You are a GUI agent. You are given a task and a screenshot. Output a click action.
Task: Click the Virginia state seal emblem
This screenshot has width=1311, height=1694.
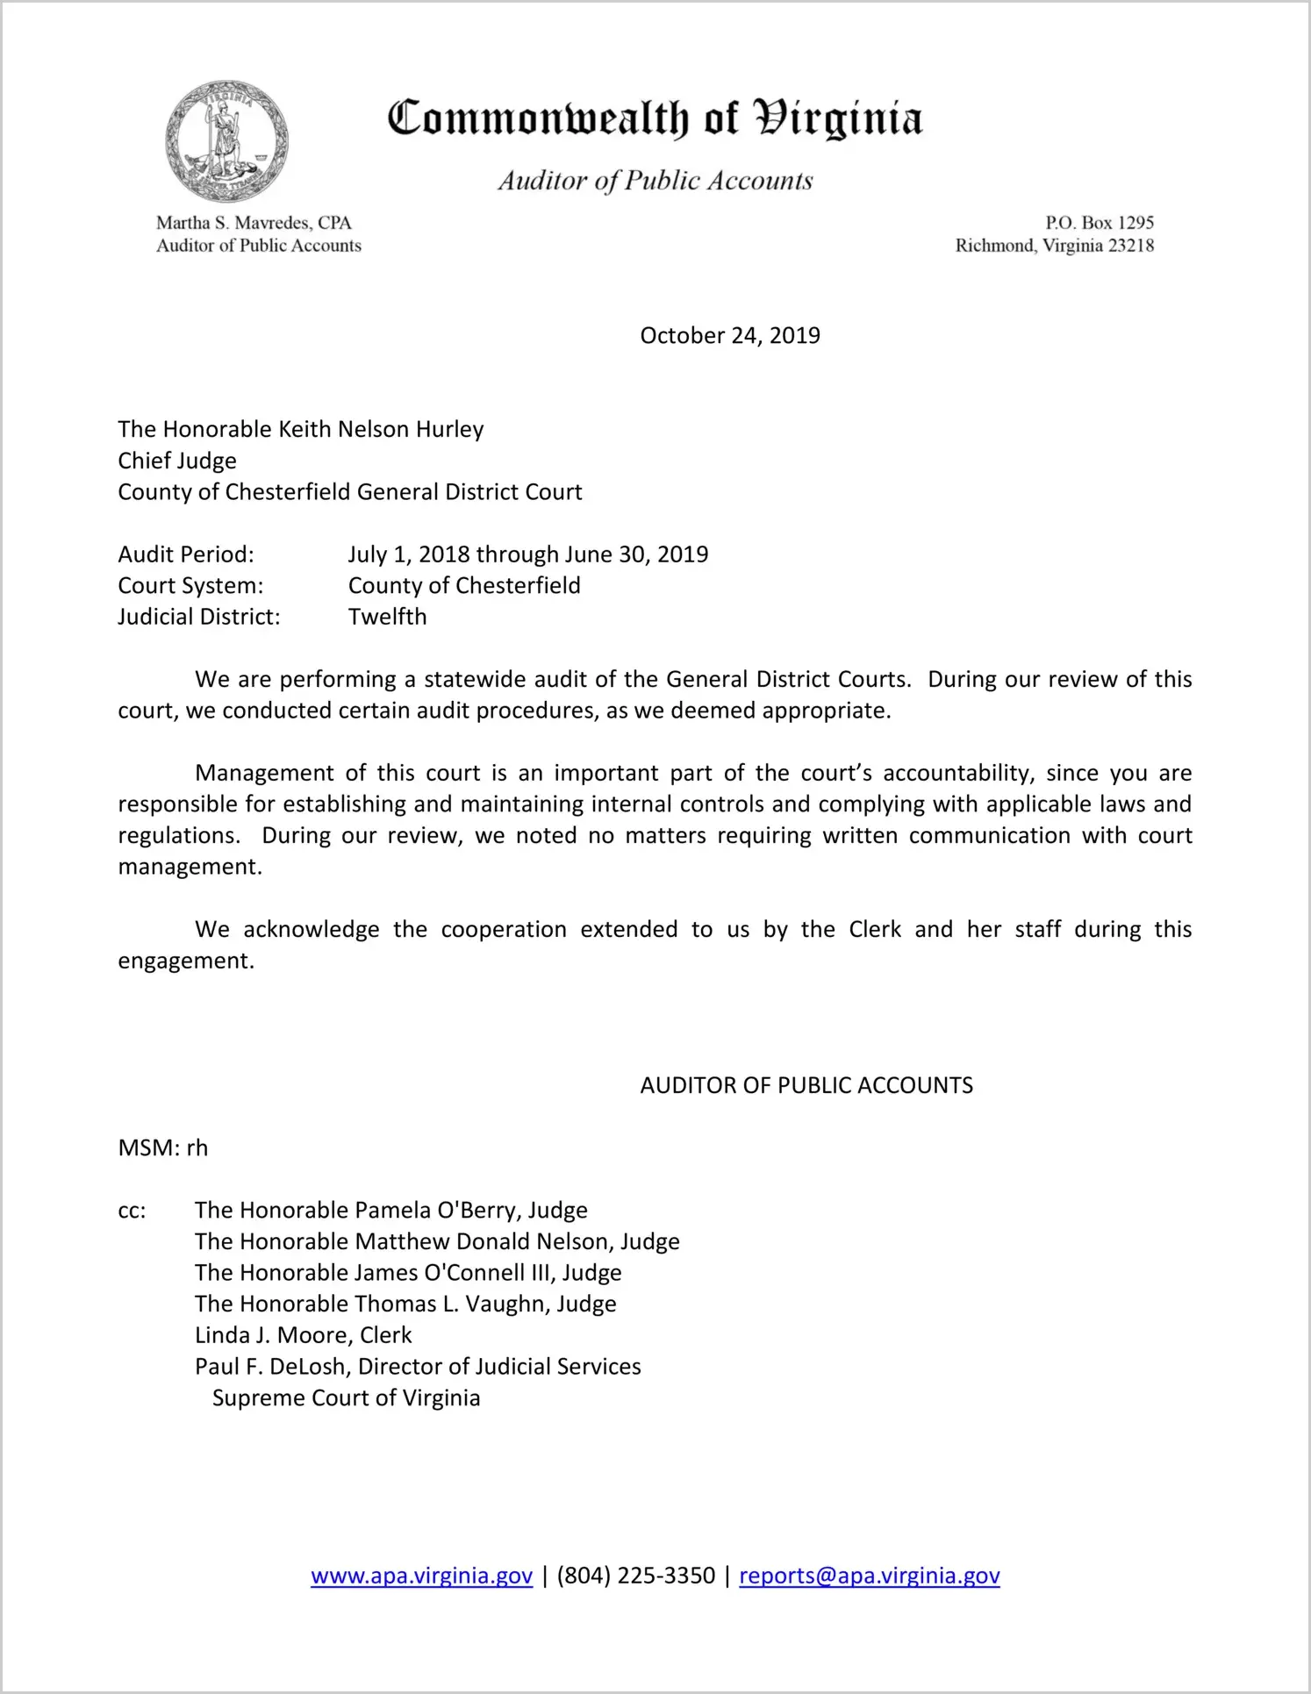pos(226,141)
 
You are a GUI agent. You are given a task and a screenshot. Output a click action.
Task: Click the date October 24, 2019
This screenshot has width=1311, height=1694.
pos(729,336)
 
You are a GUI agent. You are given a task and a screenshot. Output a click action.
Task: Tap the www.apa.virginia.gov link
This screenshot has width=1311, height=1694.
pos(421,1576)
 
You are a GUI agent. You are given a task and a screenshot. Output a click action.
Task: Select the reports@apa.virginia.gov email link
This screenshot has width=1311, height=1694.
pos(869,1576)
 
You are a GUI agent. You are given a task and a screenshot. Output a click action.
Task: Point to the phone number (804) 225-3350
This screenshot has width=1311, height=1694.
pos(635,1576)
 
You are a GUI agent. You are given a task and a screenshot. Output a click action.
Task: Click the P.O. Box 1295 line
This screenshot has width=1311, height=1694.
pos(1099,223)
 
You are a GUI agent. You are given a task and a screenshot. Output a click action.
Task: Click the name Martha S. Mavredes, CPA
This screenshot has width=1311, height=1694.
pos(254,223)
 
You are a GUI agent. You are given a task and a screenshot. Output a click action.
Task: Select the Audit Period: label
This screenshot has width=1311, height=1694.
pos(186,554)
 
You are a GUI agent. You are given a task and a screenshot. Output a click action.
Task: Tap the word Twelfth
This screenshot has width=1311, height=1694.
pos(387,617)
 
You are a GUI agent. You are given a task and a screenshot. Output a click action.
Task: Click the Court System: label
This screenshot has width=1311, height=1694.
pos(190,586)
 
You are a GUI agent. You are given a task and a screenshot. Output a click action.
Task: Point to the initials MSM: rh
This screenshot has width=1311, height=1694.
pos(163,1148)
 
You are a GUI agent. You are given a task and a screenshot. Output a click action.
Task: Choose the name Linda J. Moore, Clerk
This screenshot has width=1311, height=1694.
pos(303,1335)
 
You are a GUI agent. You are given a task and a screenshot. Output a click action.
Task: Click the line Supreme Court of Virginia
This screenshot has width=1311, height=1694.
pos(346,1398)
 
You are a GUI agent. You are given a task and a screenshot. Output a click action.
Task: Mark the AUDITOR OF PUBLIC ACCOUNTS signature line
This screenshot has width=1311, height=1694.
pos(806,1086)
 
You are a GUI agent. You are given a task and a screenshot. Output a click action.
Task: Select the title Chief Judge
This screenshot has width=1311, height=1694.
pos(177,461)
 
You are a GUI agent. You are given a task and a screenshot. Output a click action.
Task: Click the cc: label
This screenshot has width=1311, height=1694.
pos(132,1211)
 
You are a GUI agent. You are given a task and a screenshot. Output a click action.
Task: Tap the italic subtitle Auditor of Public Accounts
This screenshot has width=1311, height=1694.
pos(655,181)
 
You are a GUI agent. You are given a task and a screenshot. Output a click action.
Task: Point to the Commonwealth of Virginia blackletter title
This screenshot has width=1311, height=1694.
pos(655,118)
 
